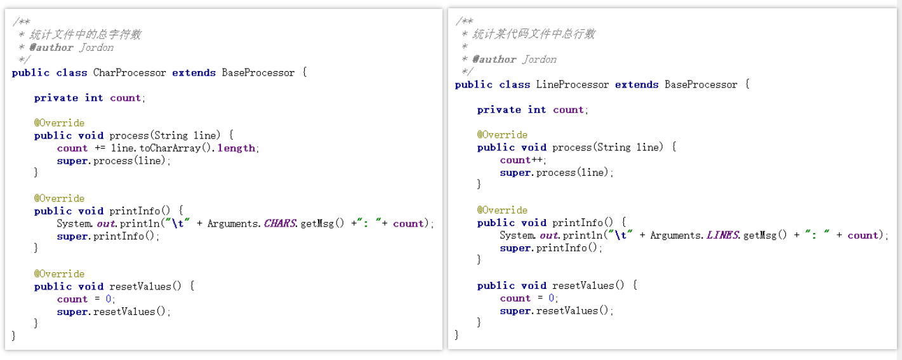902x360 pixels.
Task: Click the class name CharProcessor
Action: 129,72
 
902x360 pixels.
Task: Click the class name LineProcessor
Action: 573,84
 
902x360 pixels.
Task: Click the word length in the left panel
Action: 236,148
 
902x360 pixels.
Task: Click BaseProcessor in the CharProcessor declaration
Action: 258,72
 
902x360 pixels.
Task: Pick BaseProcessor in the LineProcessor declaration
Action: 701,84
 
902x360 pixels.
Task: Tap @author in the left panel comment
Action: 51,47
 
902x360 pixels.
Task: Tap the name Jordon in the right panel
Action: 540,59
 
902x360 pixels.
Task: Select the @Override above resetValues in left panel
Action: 59,274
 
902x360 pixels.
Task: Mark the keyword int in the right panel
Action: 537,110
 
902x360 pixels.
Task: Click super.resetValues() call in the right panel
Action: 557,311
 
